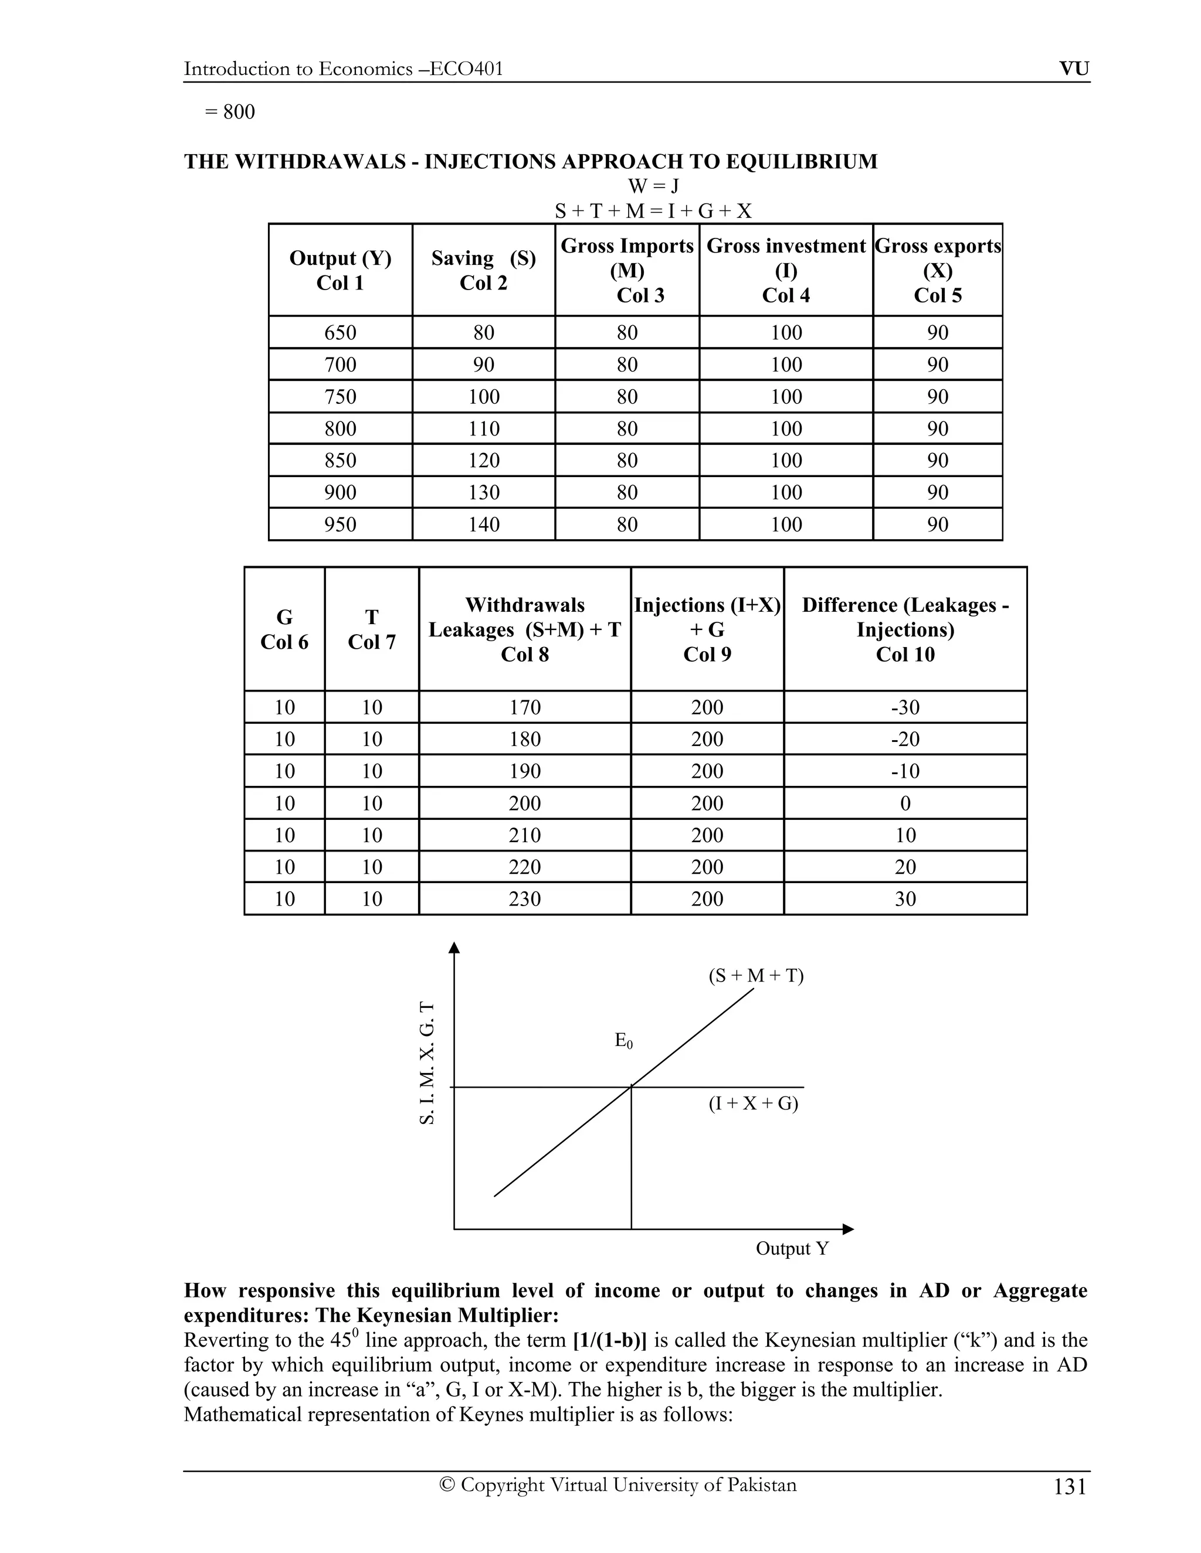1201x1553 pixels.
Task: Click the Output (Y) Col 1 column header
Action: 340,270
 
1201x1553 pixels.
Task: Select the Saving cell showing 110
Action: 484,429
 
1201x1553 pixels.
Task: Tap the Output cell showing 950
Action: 340,525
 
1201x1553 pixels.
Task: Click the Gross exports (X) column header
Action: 938,270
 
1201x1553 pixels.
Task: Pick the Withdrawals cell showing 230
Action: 525,899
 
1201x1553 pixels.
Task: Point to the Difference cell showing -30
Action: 905,707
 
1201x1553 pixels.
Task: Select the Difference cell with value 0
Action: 905,803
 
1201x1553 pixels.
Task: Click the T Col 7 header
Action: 371,629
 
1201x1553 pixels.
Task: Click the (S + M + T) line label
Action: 755,976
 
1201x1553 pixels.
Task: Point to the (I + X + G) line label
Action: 754,1104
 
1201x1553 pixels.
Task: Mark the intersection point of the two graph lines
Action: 631,1087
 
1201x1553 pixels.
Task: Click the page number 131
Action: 1070,1487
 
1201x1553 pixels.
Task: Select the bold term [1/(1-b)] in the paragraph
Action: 610,1340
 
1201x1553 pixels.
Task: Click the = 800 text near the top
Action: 230,113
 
